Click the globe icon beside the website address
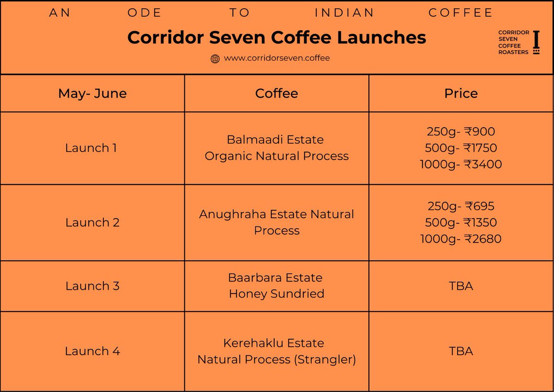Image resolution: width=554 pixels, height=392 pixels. pyautogui.click(x=215, y=59)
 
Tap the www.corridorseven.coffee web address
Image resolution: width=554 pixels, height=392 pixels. pyautogui.click(x=277, y=58)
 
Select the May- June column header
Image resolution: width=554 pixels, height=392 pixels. pyautogui.click(x=92, y=93)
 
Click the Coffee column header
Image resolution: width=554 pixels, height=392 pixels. pyautogui.click(x=277, y=93)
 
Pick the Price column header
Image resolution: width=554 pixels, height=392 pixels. pyautogui.click(x=461, y=93)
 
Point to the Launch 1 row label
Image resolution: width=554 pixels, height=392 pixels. pyautogui.click(x=91, y=148)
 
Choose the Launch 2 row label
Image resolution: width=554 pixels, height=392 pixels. pyautogui.click(x=92, y=222)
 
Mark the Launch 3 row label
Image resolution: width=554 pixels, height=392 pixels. pyautogui.click(x=92, y=286)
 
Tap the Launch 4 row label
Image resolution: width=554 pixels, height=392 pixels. pyautogui.click(x=92, y=351)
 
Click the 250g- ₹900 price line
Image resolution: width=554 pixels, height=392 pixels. pyautogui.click(x=461, y=132)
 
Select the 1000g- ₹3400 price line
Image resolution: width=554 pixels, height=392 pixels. pyautogui.click(x=461, y=164)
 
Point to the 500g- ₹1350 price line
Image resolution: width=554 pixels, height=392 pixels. pyautogui.click(x=461, y=222)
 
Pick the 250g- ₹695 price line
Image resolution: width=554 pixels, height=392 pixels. pyautogui.click(x=461, y=206)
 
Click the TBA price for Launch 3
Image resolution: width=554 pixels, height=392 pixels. pyautogui.click(x=461, y=286)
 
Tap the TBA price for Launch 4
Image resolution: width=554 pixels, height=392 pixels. pyautogui.click(x=461, y=351)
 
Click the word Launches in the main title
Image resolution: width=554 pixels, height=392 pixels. pyautogui.click(x=381, y=37)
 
